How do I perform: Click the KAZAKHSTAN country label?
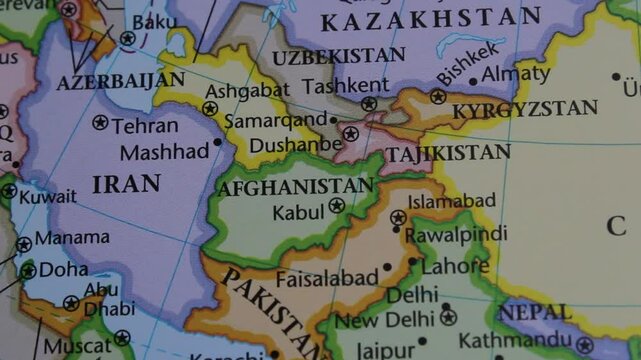pyautogui.click(x=430, y=18)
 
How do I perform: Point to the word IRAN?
pyautogui.click(x=126, y=183)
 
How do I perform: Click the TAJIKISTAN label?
pyautogui.click(x=448, y=153)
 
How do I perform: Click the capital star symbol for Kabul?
pyautogui.click(x=337, y=206)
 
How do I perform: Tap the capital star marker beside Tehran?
pyautogui.click(x=100, y=123)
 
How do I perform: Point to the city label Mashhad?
pyautogui.click(x=164, y=152)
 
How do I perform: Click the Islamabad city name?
pyautogui.click(x=452, y=201)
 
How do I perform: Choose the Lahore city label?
pyautogui.click(x=455, y=267)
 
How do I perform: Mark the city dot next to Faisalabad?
pyautogui.click(x=387, y=267)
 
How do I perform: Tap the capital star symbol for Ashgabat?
pyautogui.click(x=210, y=109)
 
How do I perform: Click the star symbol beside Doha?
pyautogui.click(x=28, y=270)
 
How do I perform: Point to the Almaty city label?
pyautogui.click(x=514, y=74)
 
